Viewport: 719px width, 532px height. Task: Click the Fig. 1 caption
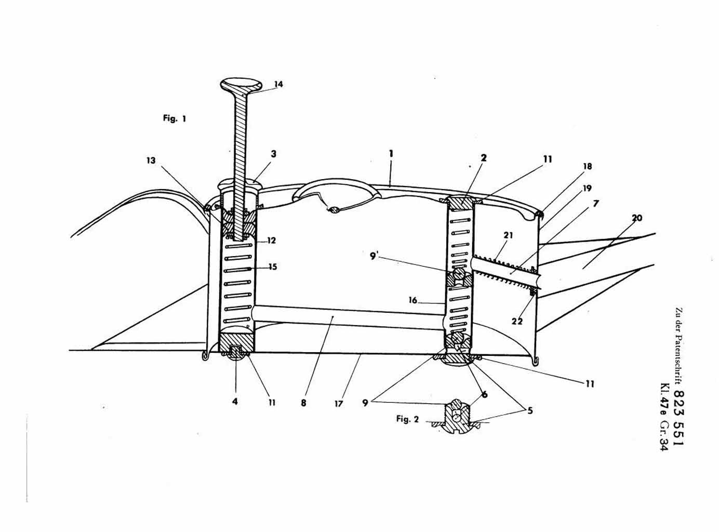click(x=175, y=118)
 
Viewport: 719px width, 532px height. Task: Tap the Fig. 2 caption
click(x=407, y=419)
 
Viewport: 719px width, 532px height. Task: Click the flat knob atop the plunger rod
click(x=242, y=85)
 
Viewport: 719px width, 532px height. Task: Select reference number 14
click(x=278, y=84)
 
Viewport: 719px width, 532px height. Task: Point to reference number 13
click(x=151, y=161)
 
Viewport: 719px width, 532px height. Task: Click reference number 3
click(x=273, y=154)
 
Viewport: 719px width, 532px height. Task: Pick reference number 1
click(x=391, y=154)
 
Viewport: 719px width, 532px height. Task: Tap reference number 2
click(x=483, y=157)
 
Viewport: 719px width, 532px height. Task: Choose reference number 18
click(x=587, y=166)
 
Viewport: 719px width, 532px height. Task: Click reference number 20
click(x=637, y=218)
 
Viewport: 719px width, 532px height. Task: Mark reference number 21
click(x=508, y=235)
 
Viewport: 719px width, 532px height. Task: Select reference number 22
click(x=517, y=322)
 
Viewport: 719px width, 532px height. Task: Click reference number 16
click(x=413, y=300)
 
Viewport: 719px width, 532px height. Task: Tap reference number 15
click(x=272, y=267)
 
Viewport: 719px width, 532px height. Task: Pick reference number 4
click(x=235, y=402)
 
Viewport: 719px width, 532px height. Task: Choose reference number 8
click(x=303, y=402)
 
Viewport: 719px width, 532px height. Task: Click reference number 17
click(x=339, y=403)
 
